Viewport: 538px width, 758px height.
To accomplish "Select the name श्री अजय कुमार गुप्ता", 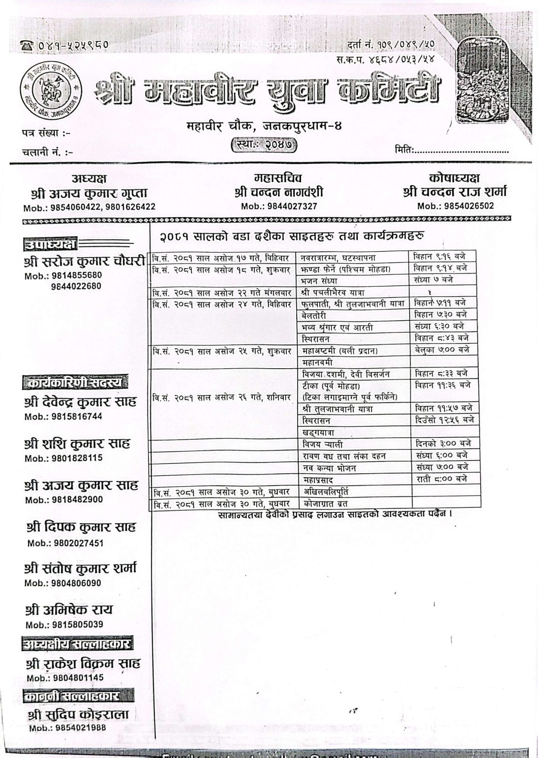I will (89, 194).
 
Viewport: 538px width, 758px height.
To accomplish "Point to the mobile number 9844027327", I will (279, 207).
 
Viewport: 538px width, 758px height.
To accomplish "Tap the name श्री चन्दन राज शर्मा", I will (455, 193).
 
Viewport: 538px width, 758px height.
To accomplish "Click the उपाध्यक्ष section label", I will (51, 244).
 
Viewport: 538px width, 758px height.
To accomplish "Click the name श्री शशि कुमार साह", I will (77, 444).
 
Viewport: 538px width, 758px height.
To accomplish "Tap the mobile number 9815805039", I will (64, 625).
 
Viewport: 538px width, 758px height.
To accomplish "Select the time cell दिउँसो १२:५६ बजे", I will (444, 420).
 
